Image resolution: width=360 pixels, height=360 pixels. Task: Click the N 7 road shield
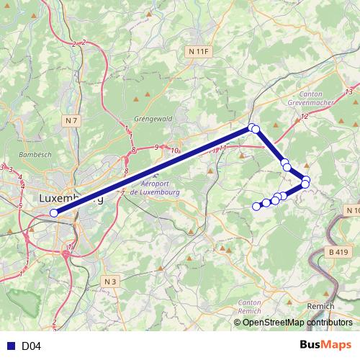click(x=70, y=120)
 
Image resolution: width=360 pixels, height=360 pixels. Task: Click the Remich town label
click(x=320, y=306)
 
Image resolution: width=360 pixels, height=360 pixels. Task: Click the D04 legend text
click(x=31, y=346)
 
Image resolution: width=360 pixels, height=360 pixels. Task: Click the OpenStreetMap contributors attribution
click(x=297, y=323)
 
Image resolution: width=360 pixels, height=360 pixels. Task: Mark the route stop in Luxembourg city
click(x=54, y=212)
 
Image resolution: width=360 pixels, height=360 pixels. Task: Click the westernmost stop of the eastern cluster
click(x=256, y=207)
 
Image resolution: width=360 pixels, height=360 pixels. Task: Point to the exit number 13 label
click(x=348, y=91)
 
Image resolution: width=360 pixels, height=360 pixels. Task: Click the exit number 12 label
click(x=305, y=116)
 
